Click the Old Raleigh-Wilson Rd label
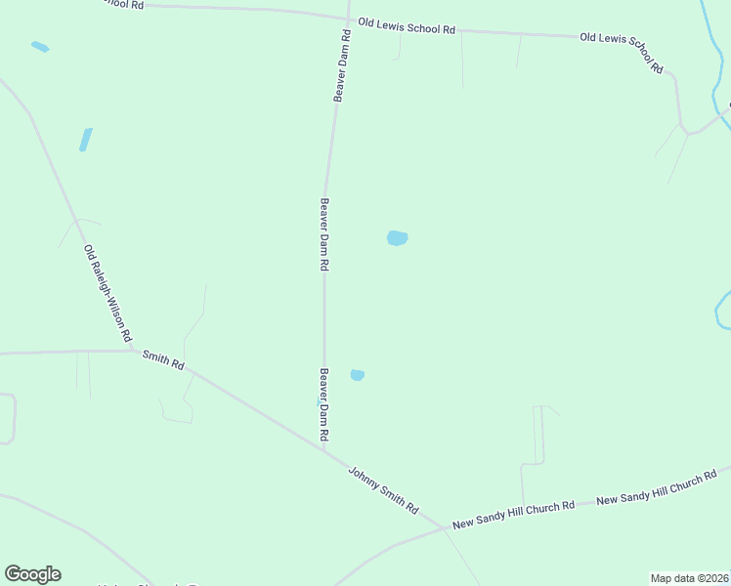[107, 292]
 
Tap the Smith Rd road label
[163, 361]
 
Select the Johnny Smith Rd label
[383, 490]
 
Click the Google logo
[32, 574]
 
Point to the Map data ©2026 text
[689, 578]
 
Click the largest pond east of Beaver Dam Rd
[397, 238]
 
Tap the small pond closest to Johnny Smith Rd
[358, 375]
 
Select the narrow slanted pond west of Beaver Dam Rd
[86, 140]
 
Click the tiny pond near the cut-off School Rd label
[40, 46]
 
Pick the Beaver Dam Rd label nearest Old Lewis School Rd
[341, 65]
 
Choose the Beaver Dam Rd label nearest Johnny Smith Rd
[323, 403]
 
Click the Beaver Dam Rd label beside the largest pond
[323, 234]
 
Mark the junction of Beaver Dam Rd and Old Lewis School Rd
[349, 18]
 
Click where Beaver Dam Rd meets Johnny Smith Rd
[323, 448]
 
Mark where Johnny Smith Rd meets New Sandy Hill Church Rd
[449, 530]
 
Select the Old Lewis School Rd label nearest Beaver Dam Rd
[407, 26]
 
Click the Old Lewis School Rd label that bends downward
[623, 52]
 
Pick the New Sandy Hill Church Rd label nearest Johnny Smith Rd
[512, 514]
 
